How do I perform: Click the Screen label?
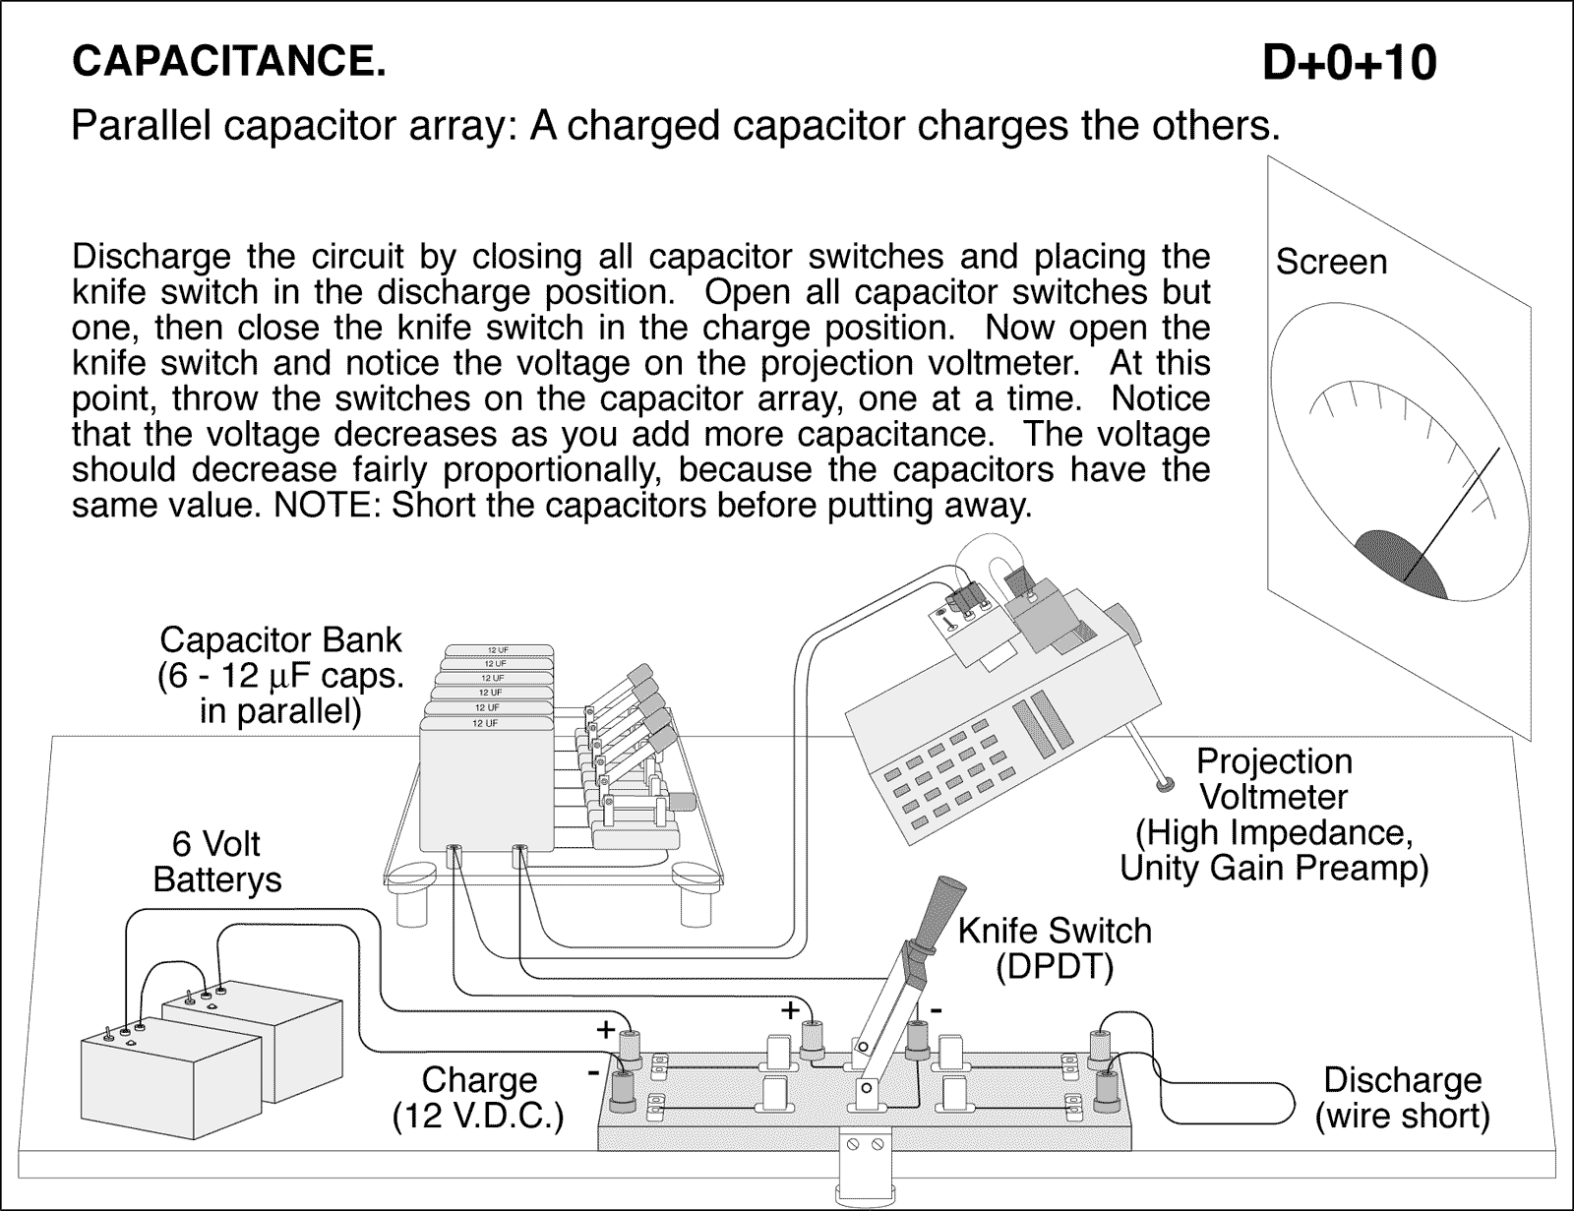(1330, 262)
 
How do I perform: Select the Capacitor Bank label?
(280, 640)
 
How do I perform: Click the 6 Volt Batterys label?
(216, 862)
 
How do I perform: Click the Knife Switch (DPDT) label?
(1054, 948)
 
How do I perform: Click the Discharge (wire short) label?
(1402, 1097)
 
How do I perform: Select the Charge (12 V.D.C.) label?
(478, 1098)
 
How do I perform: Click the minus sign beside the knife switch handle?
(937, 1009)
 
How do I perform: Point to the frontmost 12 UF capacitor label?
(484, 723)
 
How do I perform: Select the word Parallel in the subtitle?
(141, 126)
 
